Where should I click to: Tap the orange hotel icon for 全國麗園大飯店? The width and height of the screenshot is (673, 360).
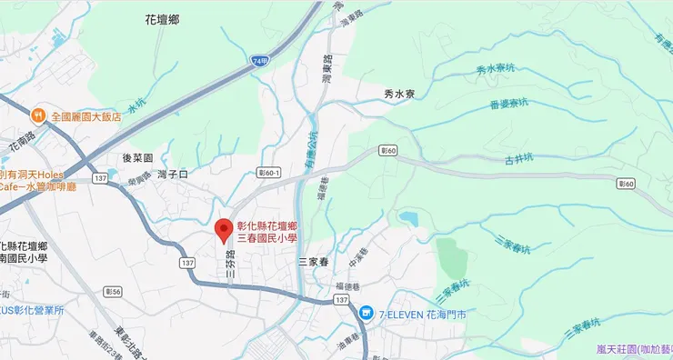38,115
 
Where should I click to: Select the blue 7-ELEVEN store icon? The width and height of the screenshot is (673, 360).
366,313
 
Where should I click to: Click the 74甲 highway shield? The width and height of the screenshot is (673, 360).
261,60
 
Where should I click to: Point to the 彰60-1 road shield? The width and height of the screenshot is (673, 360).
270,170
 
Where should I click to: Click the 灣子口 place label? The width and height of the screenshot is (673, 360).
171,173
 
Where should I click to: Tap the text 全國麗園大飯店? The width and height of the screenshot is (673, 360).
86,116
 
